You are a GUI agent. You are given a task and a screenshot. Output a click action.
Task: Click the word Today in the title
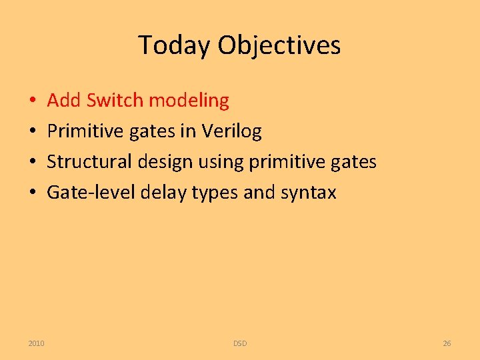(x=174, y=45)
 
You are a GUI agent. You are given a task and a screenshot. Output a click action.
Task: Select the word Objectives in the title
(x=279, y=45)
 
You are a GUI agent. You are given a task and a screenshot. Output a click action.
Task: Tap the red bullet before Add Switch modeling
(x=33, y=100)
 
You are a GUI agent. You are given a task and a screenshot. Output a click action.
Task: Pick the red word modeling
(x=189, y=101)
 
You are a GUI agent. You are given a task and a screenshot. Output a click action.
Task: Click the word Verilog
(x=231, y=131)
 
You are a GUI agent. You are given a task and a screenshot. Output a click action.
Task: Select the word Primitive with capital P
(x=85, y=131)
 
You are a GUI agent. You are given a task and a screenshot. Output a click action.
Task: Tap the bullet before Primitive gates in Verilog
(x=33, y=131)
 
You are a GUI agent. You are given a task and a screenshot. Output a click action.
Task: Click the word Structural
(x=89, y=161)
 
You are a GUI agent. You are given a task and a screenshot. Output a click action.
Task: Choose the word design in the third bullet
(x=165, y=162)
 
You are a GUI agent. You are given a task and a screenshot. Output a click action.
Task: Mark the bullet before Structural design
(x=33, y=161)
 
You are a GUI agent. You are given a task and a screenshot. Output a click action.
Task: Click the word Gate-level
(x=91, y=192)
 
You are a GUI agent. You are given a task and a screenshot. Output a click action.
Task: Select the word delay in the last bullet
(x=163, y=193)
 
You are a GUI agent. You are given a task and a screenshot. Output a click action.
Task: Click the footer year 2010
(x=36, y=343)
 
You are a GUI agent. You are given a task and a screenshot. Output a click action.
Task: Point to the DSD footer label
(x=240, y=343)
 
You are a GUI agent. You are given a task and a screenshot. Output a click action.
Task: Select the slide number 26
(x=447, y=343)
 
